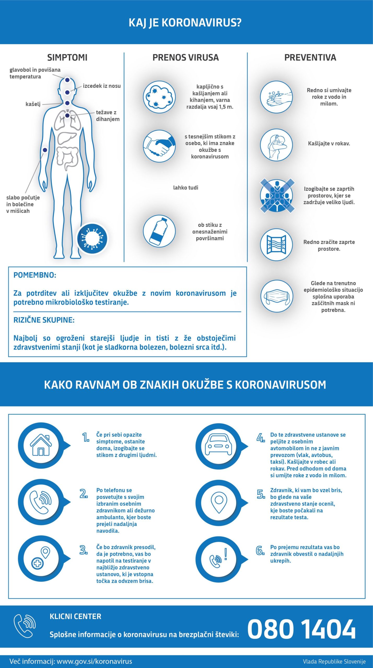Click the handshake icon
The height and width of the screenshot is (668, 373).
coord(159,146)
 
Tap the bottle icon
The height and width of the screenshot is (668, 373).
coord(159,231)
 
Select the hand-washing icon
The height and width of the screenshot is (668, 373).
coord(276,97)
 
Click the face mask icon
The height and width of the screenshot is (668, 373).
coord(277,296)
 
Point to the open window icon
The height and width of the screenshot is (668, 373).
coord(276,244)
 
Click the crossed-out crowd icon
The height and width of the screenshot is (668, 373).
coord(277,195)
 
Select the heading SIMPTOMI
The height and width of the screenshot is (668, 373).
coord(67,57)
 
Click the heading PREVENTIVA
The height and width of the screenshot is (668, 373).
coord(310,57)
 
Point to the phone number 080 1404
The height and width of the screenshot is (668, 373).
coord(301,629)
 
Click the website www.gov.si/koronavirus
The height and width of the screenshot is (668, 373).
coord(94,661)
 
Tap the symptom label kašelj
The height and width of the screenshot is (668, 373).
coord(33,104)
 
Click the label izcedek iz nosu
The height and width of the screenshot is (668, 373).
coord(102,86)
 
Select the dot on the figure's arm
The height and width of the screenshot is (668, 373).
coord(45,150)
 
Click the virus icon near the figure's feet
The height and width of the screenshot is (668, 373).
coord(92,238)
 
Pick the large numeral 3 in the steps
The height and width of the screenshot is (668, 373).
coord(83,550)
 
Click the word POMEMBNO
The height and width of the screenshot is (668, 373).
coord(35,275)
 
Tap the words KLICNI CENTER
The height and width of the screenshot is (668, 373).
coord(75,616)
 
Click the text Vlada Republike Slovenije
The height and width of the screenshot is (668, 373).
coord(334,661)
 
